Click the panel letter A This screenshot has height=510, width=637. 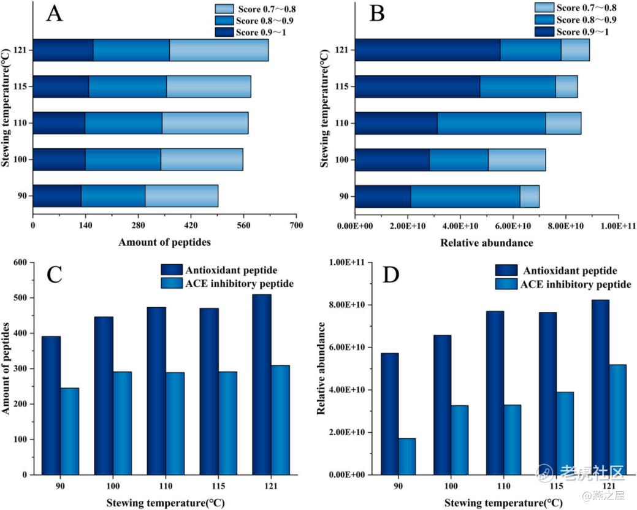click(54, 14)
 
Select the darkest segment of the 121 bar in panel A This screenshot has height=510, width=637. click(63, 50)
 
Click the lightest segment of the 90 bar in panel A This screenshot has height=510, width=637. click(181, 196)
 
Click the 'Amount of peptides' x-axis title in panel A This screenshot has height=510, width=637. click(164, 242)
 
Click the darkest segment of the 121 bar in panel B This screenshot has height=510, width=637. click(427, 50)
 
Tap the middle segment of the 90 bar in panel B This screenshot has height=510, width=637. click(465, 196)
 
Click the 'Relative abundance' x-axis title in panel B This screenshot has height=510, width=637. click(486, 243)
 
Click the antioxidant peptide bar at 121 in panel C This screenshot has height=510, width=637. click(262, 384)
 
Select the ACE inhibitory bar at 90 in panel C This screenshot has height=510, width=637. click(69, 431)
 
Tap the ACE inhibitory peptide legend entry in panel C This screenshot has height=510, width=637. click(238, 283)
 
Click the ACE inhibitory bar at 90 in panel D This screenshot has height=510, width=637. click(406, 456)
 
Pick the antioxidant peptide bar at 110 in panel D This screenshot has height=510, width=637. click(494, 392)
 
